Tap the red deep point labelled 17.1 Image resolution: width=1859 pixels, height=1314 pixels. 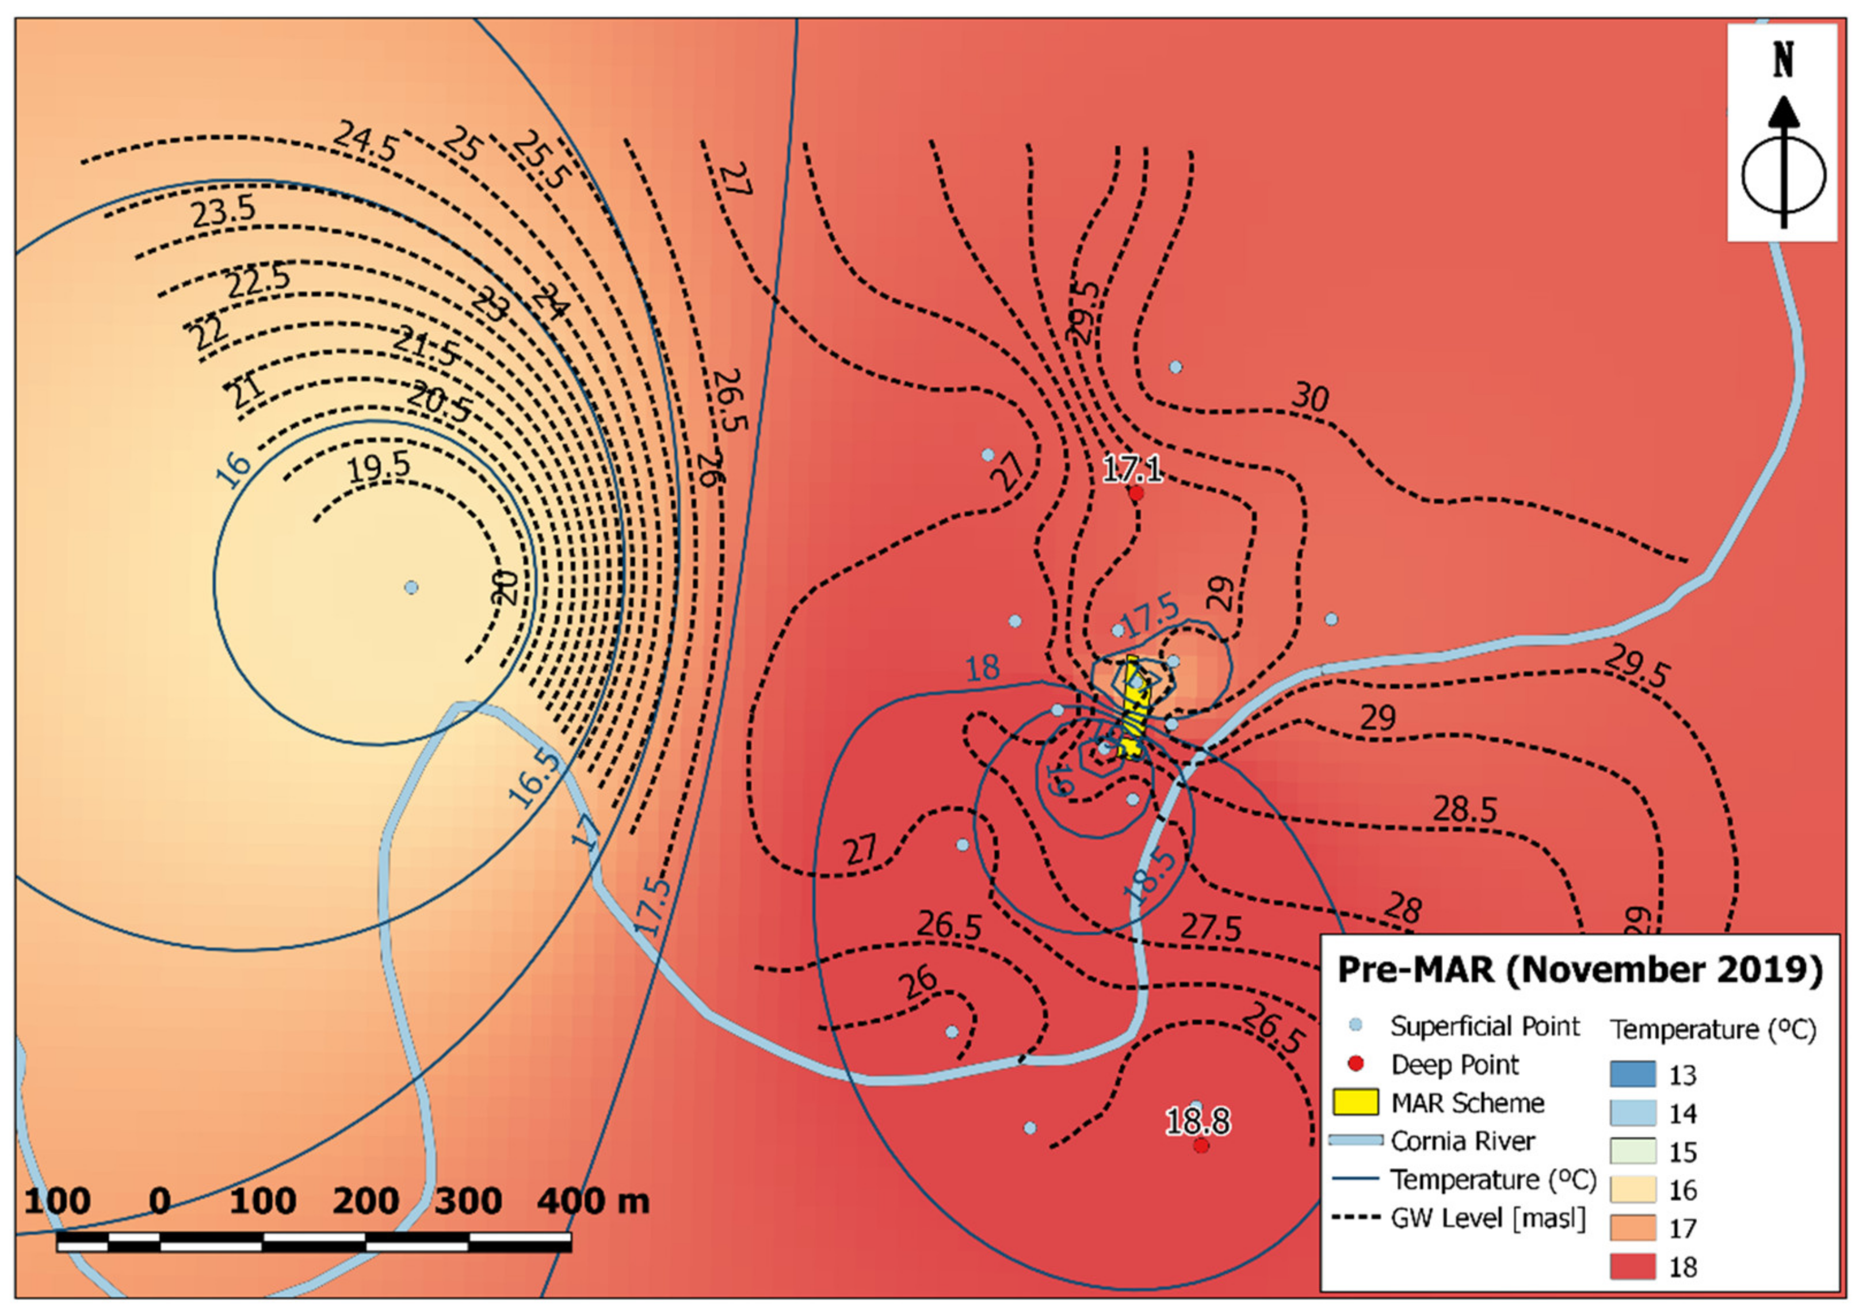1136,493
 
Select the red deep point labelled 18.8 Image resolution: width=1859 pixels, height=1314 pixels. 1201,1145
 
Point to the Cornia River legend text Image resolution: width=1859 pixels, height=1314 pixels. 1462,1141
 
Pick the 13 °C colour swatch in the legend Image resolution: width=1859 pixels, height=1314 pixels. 1632,1074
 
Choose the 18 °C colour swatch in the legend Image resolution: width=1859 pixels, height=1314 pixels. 1632,1266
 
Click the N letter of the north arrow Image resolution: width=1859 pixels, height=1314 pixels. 1784,61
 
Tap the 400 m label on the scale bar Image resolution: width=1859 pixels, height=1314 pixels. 593,1201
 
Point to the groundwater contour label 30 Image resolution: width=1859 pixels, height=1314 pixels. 1309,398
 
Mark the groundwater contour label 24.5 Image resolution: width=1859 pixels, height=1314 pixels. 366,142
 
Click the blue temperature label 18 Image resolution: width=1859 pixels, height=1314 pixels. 982,668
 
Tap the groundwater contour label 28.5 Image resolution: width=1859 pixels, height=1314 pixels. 1465,809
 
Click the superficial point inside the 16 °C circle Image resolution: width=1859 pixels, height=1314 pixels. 411,586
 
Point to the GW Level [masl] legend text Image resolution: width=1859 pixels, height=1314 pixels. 1487,1218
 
